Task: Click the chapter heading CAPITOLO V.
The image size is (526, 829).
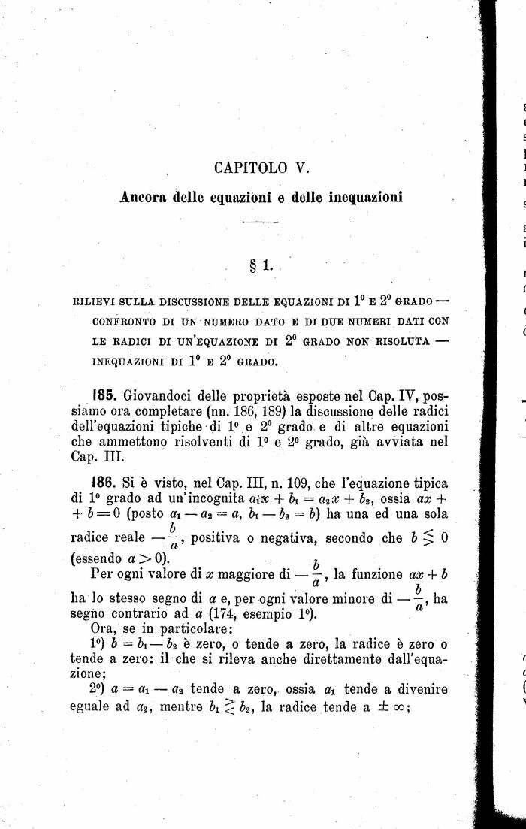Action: tap(256, 168)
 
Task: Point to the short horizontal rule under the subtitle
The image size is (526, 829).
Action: tap(260, 222)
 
